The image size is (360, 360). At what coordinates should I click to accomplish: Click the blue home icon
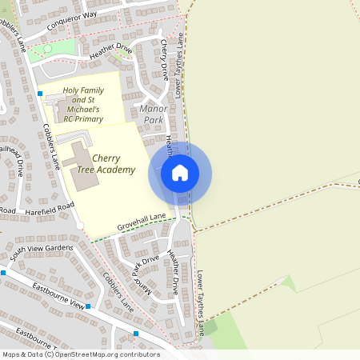click(x=180, y=173)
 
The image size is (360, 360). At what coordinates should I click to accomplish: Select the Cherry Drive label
click(x=166, y=60)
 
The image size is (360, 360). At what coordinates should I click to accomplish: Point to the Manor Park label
click(x=151, y=114)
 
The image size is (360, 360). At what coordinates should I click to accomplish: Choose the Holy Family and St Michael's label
click(x=94, y=105)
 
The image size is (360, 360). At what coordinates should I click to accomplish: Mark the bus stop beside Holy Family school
click(x=40, y=94)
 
